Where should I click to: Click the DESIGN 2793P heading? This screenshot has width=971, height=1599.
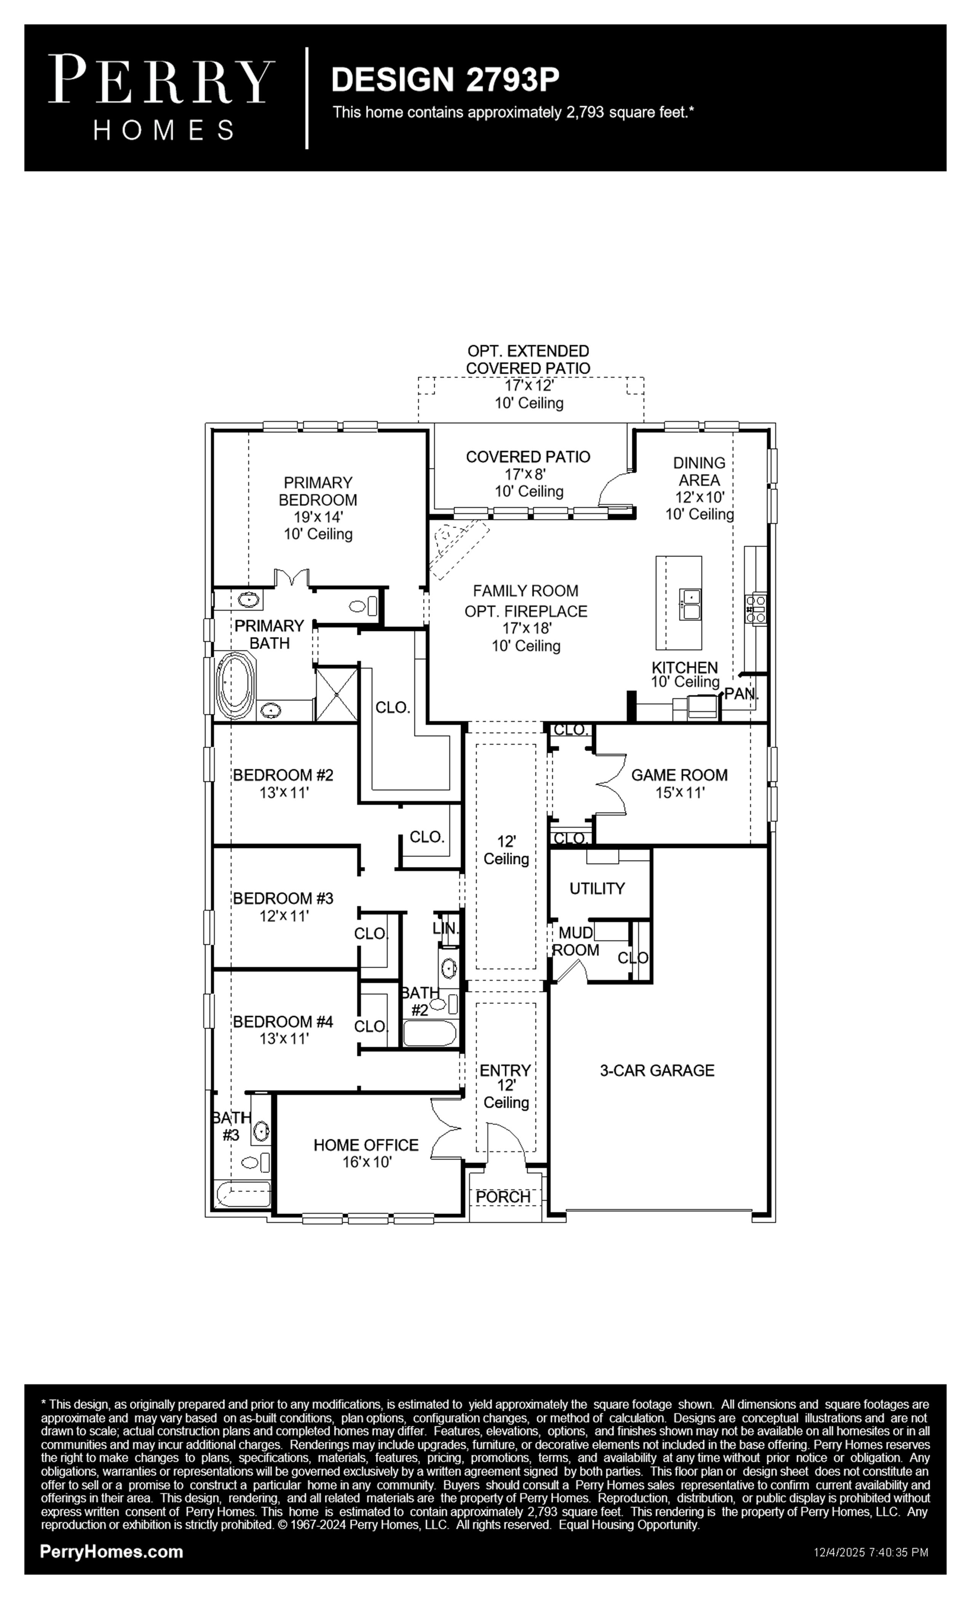point(445,79)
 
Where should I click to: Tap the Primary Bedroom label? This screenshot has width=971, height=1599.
point(318,491)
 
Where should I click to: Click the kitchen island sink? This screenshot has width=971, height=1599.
point(690,604)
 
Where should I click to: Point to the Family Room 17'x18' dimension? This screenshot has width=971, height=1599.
point(526,628)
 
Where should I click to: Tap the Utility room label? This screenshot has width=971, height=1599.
point(597,889)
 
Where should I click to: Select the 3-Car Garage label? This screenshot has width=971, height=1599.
point(657,1071)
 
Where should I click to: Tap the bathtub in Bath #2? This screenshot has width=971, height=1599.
point(429,1034)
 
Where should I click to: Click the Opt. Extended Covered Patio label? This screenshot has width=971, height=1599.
point(529,359)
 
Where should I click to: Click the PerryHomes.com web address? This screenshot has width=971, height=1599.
point(112,1552)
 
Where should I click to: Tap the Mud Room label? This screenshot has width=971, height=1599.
point(576,942)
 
